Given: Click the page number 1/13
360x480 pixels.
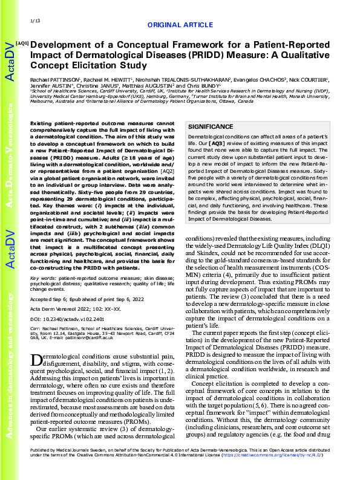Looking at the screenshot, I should click(34, 21).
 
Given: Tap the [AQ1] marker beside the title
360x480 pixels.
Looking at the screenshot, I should click(22, 44).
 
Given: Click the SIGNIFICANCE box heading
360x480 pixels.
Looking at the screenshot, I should click(211, 127).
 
